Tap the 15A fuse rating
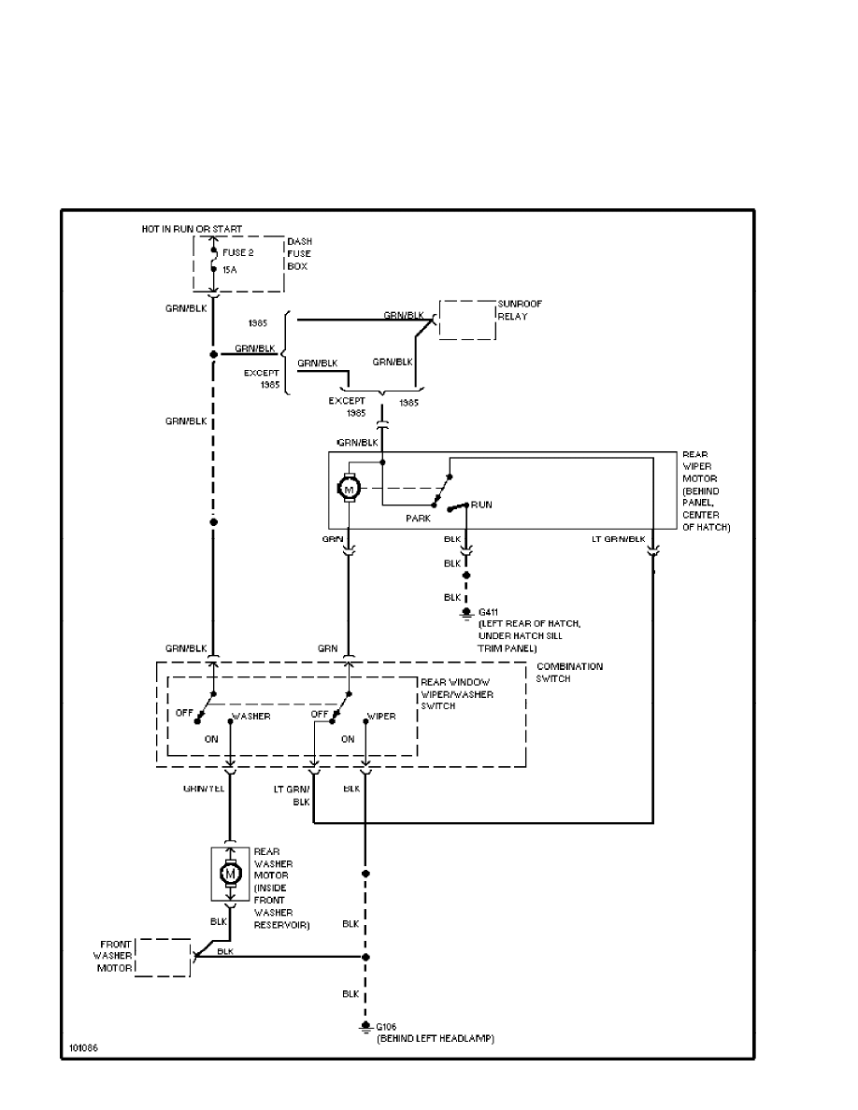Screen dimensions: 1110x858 click(230, 270)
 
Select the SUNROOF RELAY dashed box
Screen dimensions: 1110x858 click(468, 320)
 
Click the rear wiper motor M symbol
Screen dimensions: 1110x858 click(348, 488)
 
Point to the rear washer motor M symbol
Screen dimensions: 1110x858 click(229, 873)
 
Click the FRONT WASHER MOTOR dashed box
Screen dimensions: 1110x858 click(164, 957)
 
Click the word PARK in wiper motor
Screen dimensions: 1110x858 click(418, 517)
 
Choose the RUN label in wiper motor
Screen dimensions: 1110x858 click(481, 505)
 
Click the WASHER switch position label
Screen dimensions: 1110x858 click(250, 717)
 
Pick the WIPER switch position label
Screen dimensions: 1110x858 click(380, 717)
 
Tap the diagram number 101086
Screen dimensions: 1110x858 click(82, 1047)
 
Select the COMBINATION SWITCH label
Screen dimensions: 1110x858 click(569, 672)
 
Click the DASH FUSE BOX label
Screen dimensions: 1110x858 click(299, 253)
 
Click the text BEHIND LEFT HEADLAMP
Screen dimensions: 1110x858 click(435, 1039)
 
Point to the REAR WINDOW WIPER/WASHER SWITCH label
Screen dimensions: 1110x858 click(457, 694)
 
